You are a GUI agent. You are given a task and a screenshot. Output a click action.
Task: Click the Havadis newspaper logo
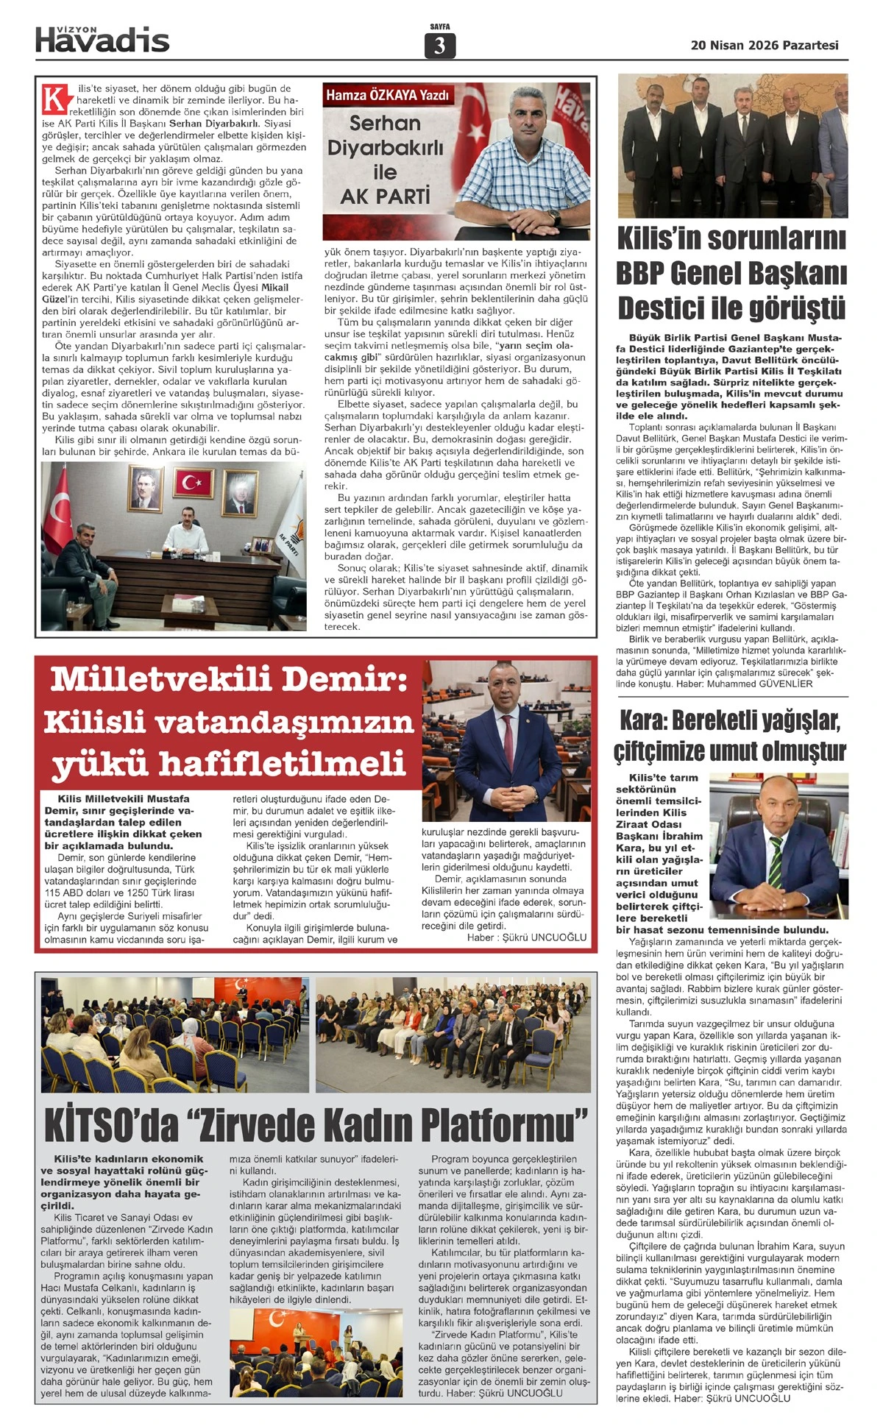(102, 40)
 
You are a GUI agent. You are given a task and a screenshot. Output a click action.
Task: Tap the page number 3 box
(439, 46)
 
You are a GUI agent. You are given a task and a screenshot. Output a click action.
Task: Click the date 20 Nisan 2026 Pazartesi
(765, 45)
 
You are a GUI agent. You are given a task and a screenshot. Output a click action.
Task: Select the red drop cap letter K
(54, 99)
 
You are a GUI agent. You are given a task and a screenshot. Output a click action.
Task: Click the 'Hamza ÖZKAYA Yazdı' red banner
(387, 95)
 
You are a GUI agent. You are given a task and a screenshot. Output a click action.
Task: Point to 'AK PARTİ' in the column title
(385, 196)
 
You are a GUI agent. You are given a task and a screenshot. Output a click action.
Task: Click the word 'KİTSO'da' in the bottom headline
(110, 1124)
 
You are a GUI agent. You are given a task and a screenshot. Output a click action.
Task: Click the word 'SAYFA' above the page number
(439, 26)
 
